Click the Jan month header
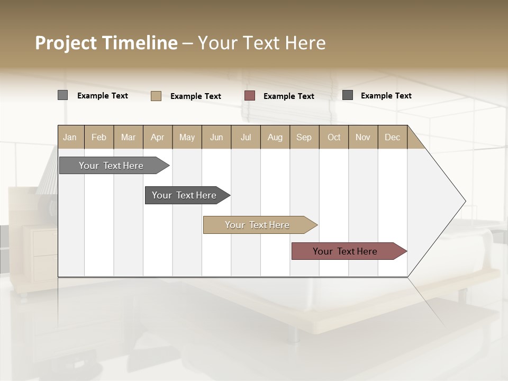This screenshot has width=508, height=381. pos(70,137)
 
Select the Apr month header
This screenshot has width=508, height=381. pos(157,137)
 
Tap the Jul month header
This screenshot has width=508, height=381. pos(246,137)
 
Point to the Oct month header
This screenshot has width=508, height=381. pos(334,137)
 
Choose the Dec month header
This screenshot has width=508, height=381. pos(392,137)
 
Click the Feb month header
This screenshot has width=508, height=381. pos(99,137)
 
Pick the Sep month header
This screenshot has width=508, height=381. pos(304,137)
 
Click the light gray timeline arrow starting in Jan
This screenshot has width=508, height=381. pos(111,166)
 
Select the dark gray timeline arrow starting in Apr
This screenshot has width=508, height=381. pos(184,195)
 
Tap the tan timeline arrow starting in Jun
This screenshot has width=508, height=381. pos(257,225)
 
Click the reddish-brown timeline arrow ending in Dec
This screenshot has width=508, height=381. pos(345,251)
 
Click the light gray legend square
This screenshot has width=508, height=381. pos(63,95)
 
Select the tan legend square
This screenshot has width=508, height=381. pos(156,96)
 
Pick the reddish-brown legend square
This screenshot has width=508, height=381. pos(250,96)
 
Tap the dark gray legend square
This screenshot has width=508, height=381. pos(348,95)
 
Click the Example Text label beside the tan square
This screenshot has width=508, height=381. pos(196,96)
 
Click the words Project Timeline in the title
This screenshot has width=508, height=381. pos(106,43)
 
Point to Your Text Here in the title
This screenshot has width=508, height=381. pos(261,43)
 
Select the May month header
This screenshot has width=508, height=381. pos(187,137)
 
